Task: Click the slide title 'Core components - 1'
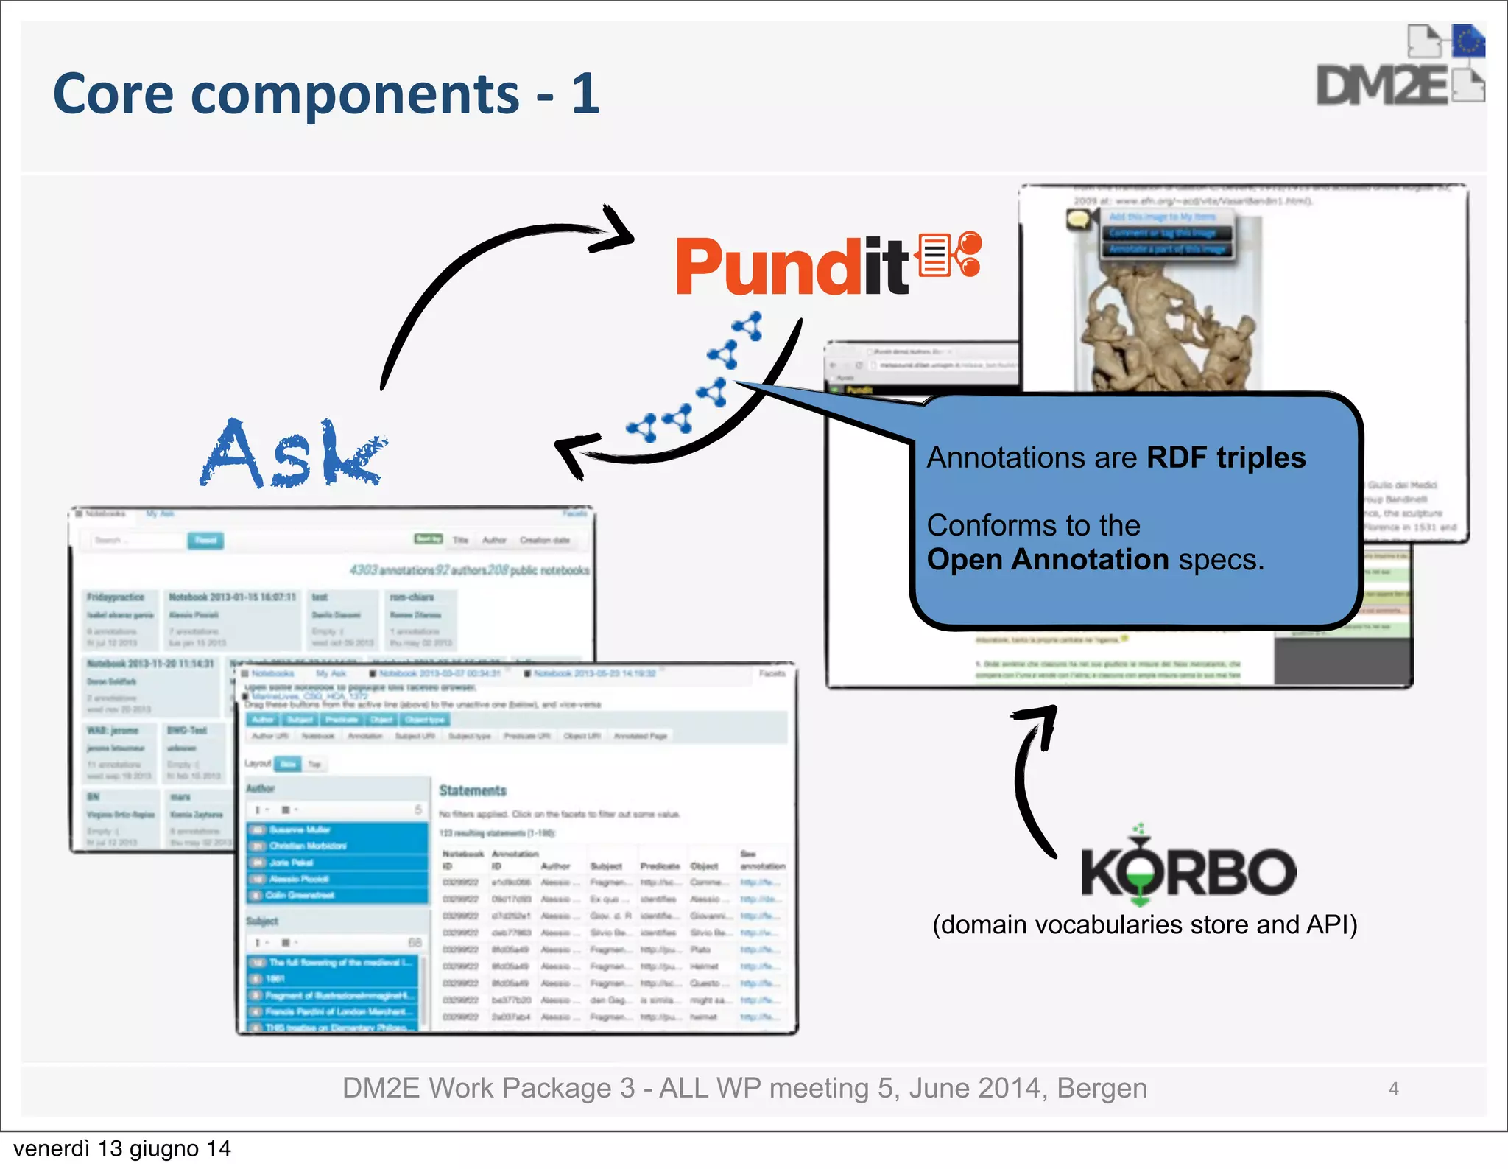(327, 94)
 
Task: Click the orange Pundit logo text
(792, 267)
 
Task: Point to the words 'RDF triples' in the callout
(1226, 458)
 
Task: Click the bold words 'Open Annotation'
(1047, 560)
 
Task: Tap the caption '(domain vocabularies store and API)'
(1144, 924)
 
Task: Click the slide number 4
(1393, 1089)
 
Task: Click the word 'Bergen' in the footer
(1102, 1089)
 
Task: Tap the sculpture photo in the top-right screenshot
(1167, 324)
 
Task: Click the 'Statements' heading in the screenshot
(473, 791)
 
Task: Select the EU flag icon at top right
(1468, 41)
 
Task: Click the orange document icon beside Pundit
(935, 255)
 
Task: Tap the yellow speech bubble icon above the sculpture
(1079, 219)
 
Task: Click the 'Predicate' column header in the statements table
(660, 866)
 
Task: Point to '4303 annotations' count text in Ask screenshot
(391, 570)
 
